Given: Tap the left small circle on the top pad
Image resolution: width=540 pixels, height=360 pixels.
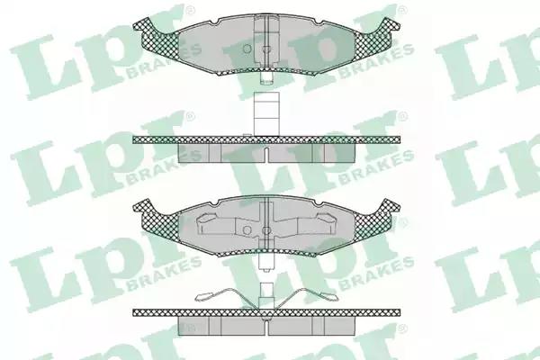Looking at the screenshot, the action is (247, 49).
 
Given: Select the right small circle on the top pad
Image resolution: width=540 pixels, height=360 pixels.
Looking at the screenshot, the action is (265, 49).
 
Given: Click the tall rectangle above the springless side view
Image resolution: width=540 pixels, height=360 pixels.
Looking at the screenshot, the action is (265, 113).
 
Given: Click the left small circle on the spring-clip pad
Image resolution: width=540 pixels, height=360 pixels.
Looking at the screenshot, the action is (247, 229).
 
